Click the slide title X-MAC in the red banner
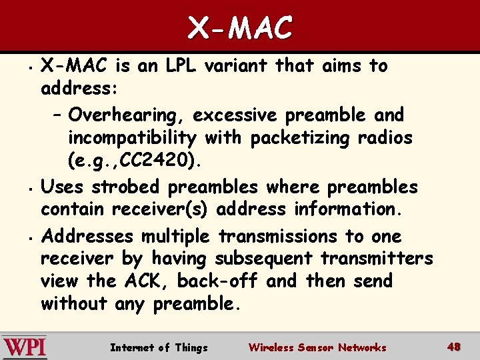(x=240, y=28)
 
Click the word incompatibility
(x=132, y=138)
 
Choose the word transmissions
(x=278, y=237)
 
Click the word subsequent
(x=263, y=258)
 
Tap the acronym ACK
(x=144, y=281)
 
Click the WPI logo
(x=25, y=347)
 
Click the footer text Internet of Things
(x=159, y=347)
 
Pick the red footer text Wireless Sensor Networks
(x=317, y=347)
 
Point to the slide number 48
(x=454, y=347)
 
